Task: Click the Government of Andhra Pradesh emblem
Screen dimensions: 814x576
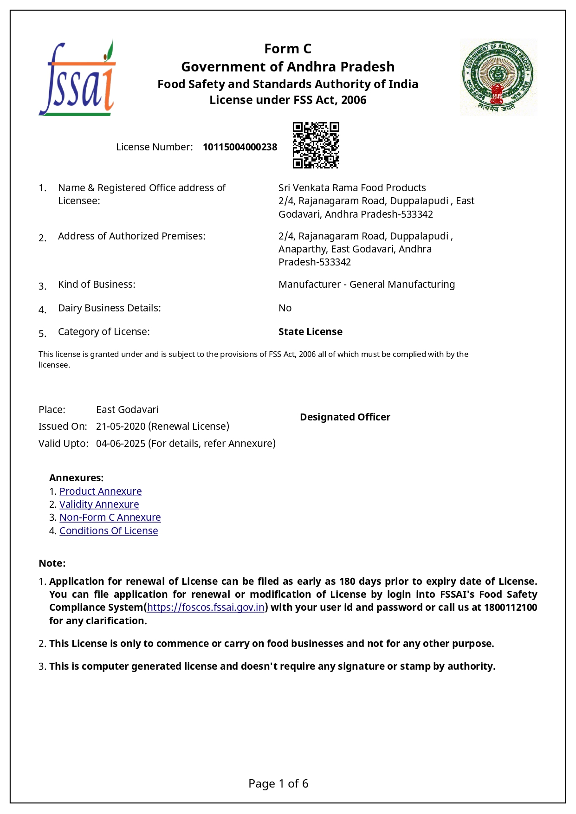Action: [498, 77]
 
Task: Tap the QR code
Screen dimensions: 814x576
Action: [316, 145]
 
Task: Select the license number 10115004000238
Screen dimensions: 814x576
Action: [239, 147]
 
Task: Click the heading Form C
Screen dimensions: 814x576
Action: [288, 49]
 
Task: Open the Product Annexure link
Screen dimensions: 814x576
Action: [100, 491]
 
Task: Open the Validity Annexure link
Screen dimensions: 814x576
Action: [99, 504]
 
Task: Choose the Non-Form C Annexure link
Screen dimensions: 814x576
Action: [110, 517]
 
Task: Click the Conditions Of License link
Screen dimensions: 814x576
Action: [109, 530]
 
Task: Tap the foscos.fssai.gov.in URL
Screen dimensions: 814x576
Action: [206, 607]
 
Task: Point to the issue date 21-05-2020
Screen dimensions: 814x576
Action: [121, 426]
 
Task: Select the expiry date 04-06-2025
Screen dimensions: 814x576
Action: [121, 443]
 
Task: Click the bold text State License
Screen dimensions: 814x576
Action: [310, 331]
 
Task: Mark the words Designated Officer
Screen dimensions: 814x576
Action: [345, 417]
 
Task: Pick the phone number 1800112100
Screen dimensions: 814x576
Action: [510, 607]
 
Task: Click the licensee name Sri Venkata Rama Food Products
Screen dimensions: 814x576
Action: [352, 187]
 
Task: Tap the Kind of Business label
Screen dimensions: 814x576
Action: [97, 284]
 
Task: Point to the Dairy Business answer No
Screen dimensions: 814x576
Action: [285, 308]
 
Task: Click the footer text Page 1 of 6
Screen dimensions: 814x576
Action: [278, 783]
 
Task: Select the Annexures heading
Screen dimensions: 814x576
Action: [76, 478]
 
